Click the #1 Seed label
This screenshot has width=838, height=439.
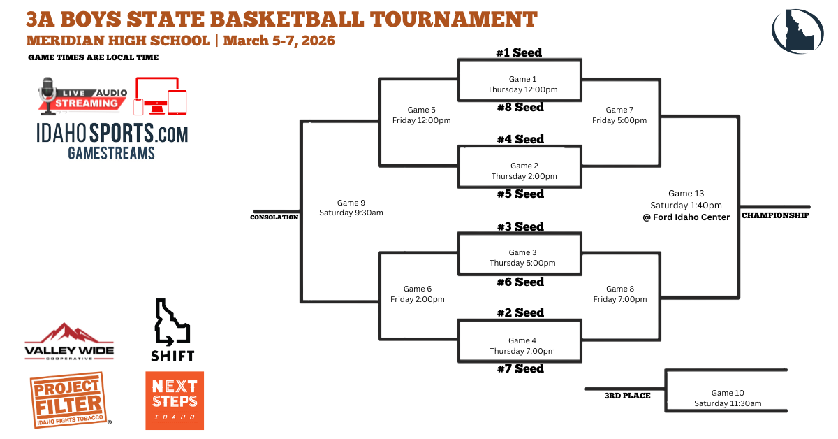pyautogui.click(x=519, y=52)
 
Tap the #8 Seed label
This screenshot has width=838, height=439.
pyautogui.click(x=520, y=107)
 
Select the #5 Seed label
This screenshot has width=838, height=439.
pyautogui.click(x=520, y=194)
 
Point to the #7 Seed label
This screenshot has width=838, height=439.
pyautogui.click(x=520, y=368)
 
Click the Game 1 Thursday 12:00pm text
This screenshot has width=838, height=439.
pyautogui.click(x=522, y=85)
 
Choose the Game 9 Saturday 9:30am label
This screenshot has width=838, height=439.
pyautogui.click(x=351, y=208)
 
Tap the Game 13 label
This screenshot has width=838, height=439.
pyautogui.click(x=686, y=193)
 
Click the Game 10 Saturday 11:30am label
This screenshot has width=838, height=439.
pyautogui.click(x=728, y=398)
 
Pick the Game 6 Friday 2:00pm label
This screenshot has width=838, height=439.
pyautogui.click(x=418, y=294)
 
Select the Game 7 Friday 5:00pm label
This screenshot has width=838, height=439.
pyautogui.click(x=619, y=115)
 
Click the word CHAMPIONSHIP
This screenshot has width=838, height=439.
pyautogui.click(x=775, y=215)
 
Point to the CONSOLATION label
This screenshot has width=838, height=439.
pyautogui.click(x=274, y=217)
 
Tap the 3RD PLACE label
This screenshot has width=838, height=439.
pyautogui.click(x=627, y=396)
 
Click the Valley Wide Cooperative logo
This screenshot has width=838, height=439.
pyautogui.click(x=69, y=341)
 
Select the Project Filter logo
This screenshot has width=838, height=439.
pyautogui.click(x=69, y=400)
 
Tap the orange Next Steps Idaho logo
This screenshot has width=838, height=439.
pyautogui.click(x=175, y=401)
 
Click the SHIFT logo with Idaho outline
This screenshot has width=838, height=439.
pyautogui.click(x=172, y=330)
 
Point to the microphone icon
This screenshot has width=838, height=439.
pyautogui.click(x=47, y=96)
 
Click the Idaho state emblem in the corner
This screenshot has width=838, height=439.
pyautogui.click(x=797, y=31)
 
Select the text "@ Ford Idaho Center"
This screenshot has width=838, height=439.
pyautogui.click(x=686, y=217)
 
